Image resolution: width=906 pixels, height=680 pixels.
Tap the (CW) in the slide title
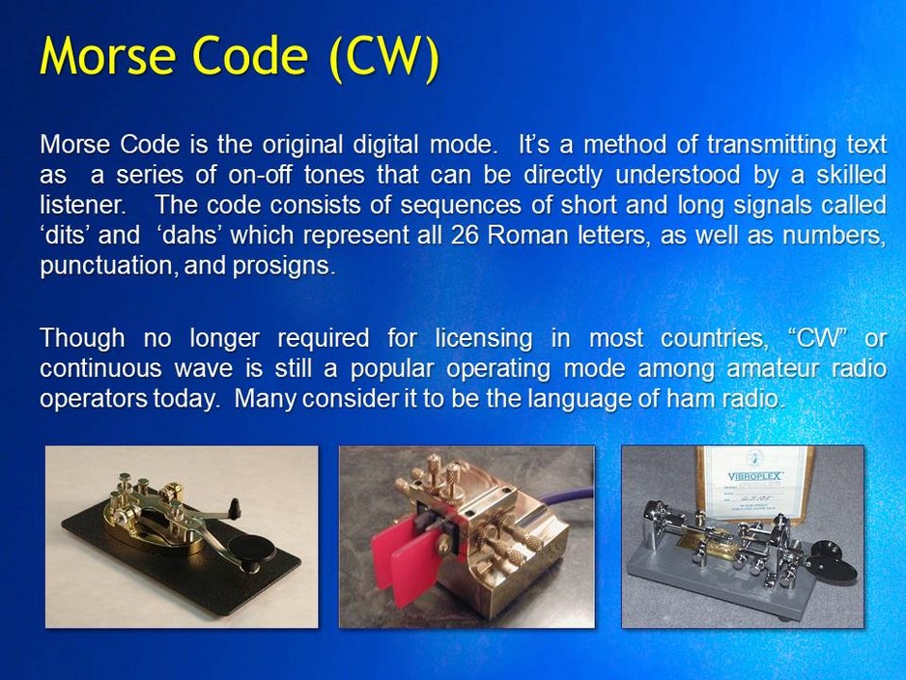(384, 57)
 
